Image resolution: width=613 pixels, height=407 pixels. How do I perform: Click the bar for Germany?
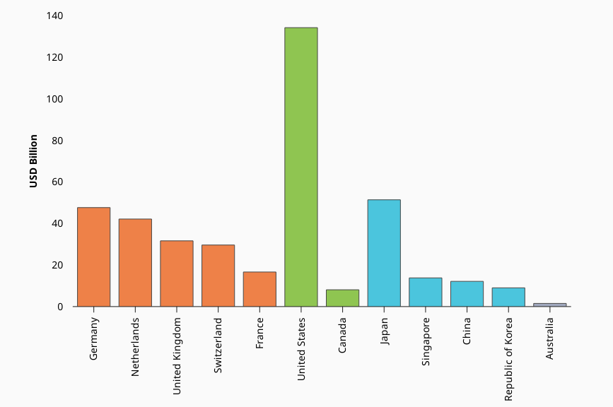point(93,257)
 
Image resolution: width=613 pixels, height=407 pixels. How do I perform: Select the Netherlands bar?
point(135,263)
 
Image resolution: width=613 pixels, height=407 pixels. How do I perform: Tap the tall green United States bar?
point(301,167)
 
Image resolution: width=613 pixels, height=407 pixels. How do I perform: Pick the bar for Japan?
point(384,253)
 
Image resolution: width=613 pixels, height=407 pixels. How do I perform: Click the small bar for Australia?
point(550,305)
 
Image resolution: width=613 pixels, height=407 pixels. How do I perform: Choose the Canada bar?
point(342,298)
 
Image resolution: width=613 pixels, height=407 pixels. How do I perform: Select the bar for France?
point(259,289)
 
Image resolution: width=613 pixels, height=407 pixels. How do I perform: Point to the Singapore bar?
point(426,292)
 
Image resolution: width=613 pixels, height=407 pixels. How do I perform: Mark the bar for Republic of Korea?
point(508,297)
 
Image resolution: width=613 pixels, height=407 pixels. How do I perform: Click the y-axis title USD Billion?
point(33,161)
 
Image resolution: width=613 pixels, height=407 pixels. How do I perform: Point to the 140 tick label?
point(54,16)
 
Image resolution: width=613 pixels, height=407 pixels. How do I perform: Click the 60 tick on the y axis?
point(57,182)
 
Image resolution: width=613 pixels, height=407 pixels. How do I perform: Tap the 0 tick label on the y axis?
point(61,307)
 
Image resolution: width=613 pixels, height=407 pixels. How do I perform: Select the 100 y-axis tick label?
point(54,99)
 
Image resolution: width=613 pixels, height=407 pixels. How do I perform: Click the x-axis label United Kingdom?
point(177,355)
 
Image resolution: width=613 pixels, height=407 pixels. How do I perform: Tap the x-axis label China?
point(467,331)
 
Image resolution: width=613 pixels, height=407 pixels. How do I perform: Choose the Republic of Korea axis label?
point(508,360)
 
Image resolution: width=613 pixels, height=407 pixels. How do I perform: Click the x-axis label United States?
point(301,348)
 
